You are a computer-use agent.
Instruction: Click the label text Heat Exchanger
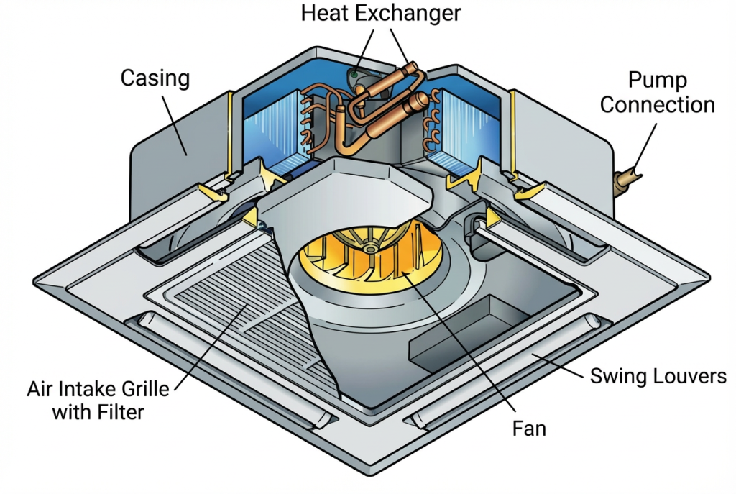pyautogui.click(x=380, y=13)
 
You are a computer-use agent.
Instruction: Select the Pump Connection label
pyautogui.click(x=657, y=92)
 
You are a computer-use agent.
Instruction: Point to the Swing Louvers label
pyautogui.click(x=658, y=376)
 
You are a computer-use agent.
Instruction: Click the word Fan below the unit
pyautogui.click(x=529, y=429)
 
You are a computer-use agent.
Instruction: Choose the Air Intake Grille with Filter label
pyautogui.click(x=98, y=401)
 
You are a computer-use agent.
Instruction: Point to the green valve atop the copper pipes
pyautogui.click(x=355, y=74)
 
